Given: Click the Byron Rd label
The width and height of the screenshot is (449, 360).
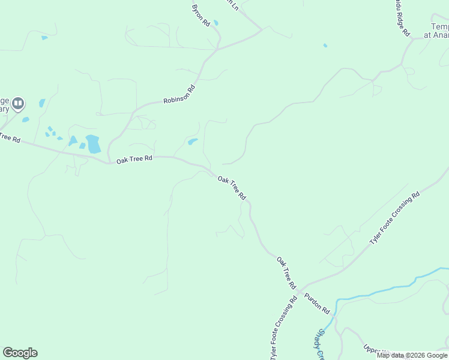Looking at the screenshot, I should (200, 14).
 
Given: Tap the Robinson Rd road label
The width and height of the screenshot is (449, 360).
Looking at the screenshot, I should (179, 94).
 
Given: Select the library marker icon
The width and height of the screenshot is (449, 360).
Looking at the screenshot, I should (18, 104).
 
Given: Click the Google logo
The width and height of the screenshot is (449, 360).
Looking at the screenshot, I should (20, 353).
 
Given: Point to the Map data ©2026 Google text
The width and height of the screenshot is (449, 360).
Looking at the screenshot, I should (412, 355).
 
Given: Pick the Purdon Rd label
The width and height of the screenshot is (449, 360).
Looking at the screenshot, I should (317, 304).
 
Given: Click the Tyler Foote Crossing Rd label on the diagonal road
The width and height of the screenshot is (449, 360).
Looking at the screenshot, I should (394, 219).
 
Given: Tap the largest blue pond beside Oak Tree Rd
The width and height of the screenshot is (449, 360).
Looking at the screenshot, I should (93, 144).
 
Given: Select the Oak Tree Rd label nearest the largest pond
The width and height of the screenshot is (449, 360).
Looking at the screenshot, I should (134, 160).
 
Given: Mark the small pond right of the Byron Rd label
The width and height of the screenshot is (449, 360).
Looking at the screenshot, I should (215, 23).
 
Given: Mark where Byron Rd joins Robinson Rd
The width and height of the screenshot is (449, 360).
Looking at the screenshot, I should (217, 49).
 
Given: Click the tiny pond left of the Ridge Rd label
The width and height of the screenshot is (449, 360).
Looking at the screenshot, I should (325, 45).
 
